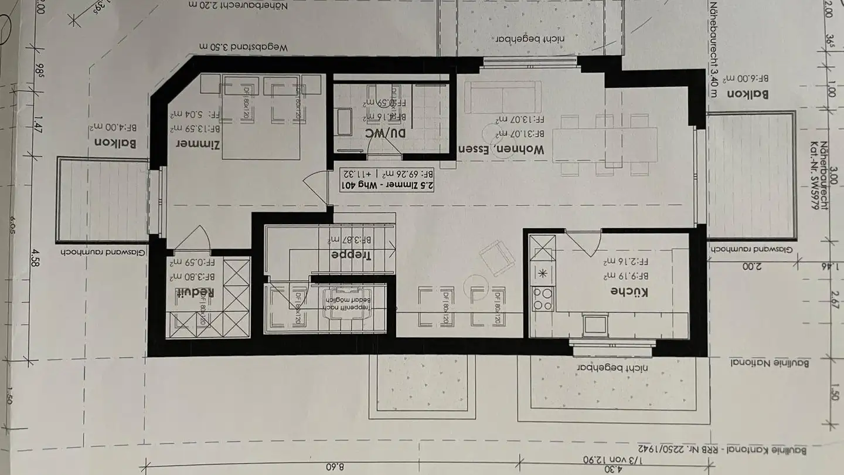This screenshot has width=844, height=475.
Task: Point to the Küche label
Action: (x=629, y=291)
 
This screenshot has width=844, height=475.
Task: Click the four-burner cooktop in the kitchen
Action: (x=542, y=298)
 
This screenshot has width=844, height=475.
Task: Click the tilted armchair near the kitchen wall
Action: (x=498, y=258)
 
